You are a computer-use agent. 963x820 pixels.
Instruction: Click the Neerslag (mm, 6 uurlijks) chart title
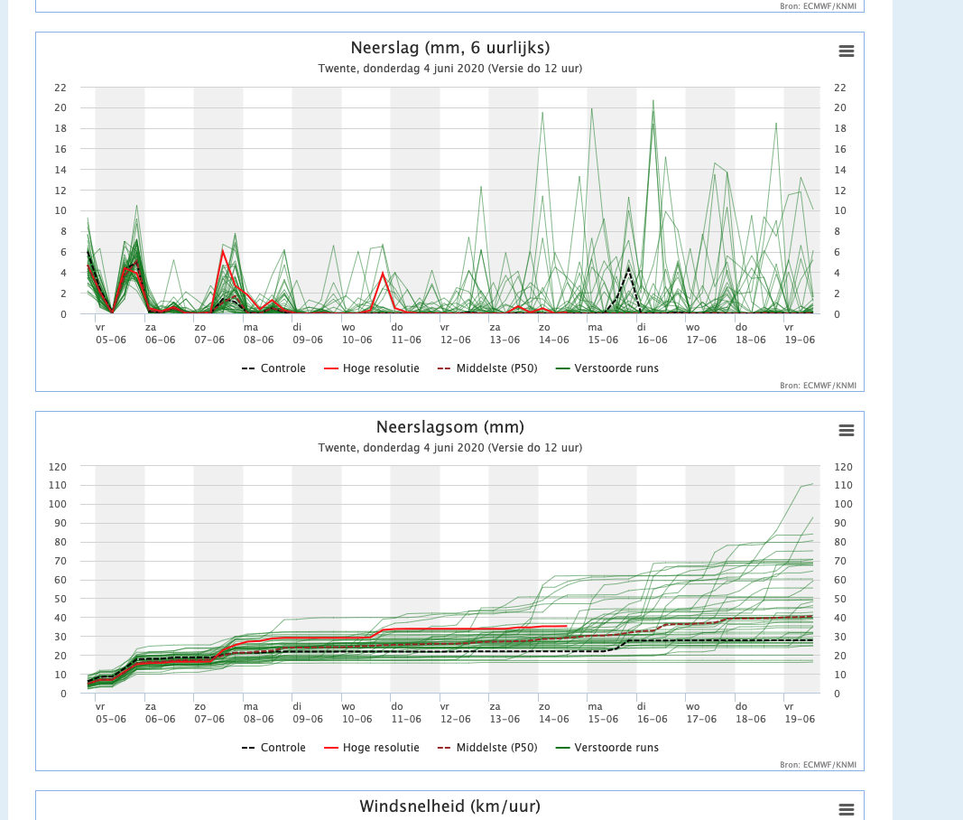[x=450, y=48]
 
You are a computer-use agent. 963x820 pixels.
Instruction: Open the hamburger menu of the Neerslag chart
[x=847, y=51]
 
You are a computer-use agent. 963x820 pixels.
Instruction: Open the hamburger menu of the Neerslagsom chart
[x=847, y=430]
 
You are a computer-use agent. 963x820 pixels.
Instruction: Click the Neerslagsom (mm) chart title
[x=450, y=427]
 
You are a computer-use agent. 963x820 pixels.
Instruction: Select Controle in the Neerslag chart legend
[x=273, y=368]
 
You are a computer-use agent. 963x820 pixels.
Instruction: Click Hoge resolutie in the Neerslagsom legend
[x=372, y=748]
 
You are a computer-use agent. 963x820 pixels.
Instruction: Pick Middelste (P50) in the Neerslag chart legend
[x=487, y=368]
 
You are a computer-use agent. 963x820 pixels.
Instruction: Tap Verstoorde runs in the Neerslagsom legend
[x=607, y=748]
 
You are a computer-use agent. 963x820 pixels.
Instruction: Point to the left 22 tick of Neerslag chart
[x=60, y=88]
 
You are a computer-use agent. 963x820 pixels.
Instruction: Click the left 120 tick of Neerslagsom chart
[x=58, y=467]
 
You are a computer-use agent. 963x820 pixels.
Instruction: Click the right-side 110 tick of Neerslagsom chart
[x=843, y=485]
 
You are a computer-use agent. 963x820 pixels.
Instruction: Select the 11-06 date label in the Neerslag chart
[x=406, y=340]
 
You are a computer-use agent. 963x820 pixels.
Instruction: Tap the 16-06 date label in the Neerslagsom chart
[x=653, y=719]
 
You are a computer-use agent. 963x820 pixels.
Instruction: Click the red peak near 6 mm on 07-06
[x=223, y=250]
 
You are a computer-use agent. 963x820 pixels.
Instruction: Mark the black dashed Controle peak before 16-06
[x=628, y=267]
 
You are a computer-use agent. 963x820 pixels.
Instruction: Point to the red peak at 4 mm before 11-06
[x=383, y=273]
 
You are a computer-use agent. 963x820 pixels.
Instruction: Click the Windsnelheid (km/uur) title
[x=450, y=806]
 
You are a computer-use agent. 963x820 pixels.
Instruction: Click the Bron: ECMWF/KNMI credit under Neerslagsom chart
[x=818, y=765]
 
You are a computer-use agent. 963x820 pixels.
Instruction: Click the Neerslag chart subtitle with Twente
[x=450, y=69]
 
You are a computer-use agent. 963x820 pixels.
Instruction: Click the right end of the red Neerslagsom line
[x=566, y=626]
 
